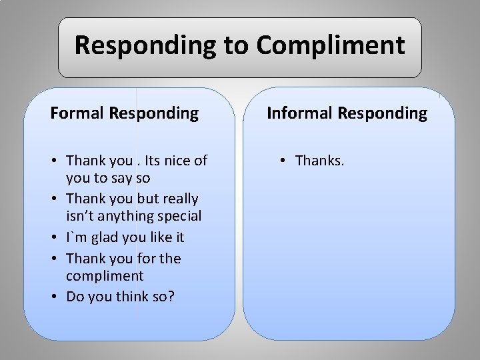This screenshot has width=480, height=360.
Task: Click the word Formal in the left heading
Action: [75, 113]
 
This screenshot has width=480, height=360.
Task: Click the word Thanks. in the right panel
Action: [320, 161]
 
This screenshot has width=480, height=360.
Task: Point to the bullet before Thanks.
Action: [284, 161]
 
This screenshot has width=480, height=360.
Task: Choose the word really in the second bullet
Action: [179, 199]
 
